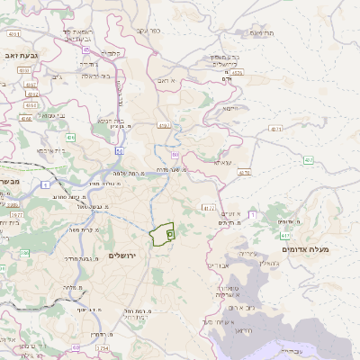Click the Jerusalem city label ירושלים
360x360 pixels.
coord(126,256)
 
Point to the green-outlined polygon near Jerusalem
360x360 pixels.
coord(162,234)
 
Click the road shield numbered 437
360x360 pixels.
coord(308,160)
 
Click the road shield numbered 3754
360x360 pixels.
coord(102,347)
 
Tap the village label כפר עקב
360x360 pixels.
coord(148,31)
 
